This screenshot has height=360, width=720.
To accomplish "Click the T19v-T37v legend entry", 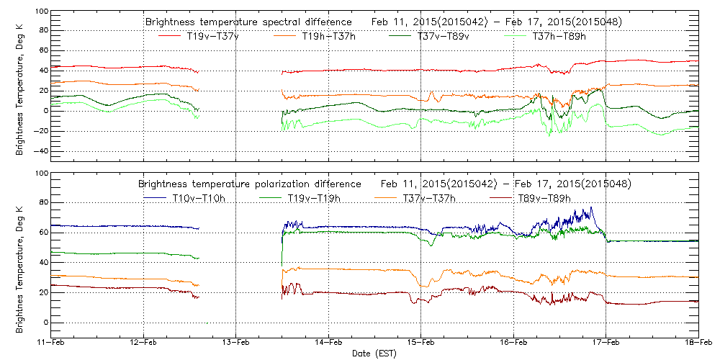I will tap(213, 36).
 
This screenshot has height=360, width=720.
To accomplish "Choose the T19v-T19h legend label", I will tap(315, 198).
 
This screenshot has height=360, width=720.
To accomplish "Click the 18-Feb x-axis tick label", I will tap(697, 343).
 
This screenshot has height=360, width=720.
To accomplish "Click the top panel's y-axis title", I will tap(20, 93).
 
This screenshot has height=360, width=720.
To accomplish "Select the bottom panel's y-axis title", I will tap(20, 254).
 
